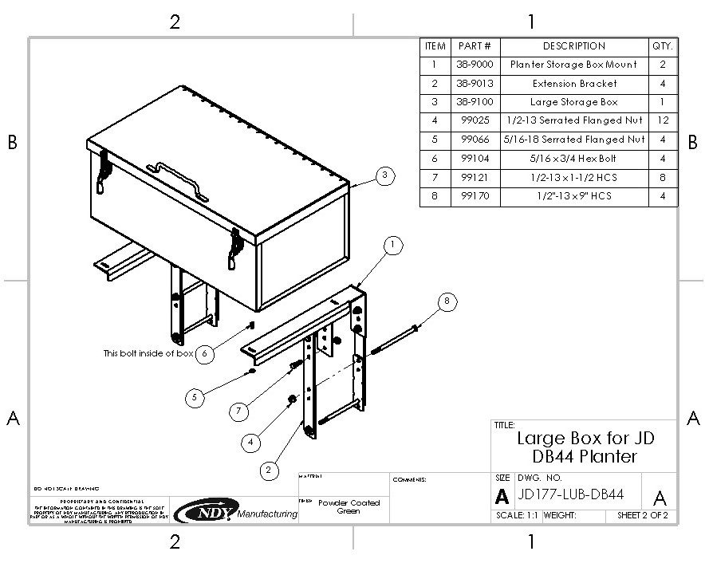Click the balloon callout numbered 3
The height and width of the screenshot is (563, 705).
385,175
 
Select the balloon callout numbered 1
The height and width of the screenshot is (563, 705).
392,246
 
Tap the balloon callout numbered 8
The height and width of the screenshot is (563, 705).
447,301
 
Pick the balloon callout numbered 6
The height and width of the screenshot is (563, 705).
205,353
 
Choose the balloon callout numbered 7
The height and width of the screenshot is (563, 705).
238,411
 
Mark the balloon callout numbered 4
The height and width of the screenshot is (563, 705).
251,440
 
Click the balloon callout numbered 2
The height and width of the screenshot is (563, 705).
269,470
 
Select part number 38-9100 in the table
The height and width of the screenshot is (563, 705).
475,102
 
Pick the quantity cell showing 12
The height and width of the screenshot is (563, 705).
663,121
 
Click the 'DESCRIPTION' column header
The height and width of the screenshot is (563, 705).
574,46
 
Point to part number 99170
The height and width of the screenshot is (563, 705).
475,196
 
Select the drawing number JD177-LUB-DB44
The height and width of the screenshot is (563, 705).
570,495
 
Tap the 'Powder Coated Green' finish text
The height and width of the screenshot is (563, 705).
349,507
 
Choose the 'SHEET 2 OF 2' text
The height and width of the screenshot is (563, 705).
642,516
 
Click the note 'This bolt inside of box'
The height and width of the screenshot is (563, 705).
148,353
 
